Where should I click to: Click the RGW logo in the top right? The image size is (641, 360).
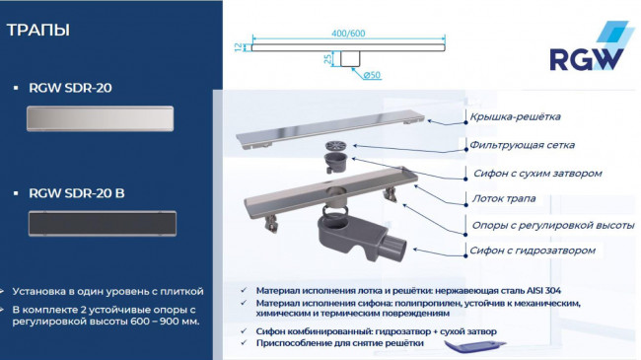[x=588, y=53]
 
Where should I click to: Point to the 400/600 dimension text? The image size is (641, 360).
[x=351, y=34]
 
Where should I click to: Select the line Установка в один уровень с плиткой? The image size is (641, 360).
[x=109, y=292]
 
